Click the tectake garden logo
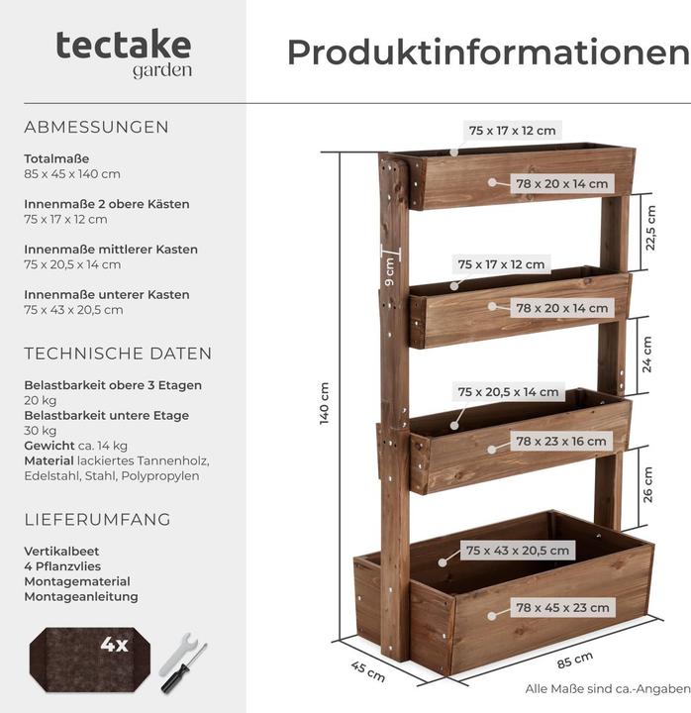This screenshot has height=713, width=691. [x=124, y=52]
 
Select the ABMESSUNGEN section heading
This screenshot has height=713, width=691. [x=96, y=127]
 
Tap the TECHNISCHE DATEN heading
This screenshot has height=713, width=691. [x=118, y=354]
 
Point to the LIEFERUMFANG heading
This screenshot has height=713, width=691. [x=97, y=519]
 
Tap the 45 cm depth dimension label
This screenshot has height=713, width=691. [x=368, y=671]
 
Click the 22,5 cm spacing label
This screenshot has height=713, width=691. [x=649, y=226]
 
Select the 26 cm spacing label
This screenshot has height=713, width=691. [x=648, y=484]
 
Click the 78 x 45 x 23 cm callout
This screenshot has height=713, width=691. [x=562, y=607]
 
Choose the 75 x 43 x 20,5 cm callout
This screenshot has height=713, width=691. [x=518, y=550]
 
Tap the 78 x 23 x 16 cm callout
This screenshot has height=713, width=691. [x=561, y=442]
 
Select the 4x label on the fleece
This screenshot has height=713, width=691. [x=114, y=645]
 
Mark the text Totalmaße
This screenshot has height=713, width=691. [x=56, y=158]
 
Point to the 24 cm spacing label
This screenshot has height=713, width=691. [x=647, y=354]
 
